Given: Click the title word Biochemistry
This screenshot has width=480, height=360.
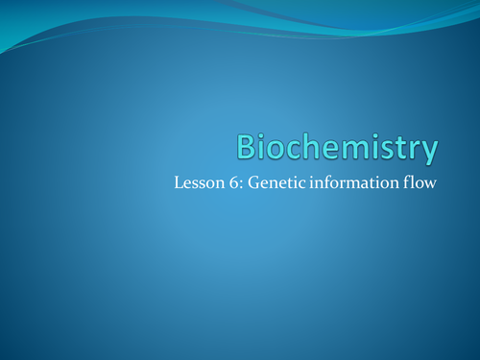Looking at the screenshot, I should (x=337, y=149).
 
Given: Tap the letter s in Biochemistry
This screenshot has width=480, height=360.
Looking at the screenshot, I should (x=390, y=151).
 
